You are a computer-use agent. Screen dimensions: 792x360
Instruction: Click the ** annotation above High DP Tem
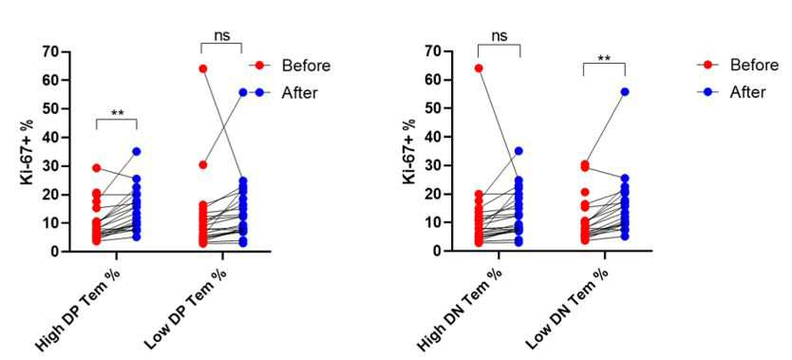click(x=116, y=112)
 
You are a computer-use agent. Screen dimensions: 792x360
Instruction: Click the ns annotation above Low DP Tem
click(x=221, y=36)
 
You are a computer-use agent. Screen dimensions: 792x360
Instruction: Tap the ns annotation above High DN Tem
click(x=498, y=36)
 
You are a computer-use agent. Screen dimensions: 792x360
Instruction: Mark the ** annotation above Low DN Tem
click(x=604, y=58)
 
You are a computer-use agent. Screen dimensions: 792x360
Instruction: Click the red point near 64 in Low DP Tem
click(x=202, y=68)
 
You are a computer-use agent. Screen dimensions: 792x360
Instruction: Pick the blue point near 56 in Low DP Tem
click(x=243, y=92)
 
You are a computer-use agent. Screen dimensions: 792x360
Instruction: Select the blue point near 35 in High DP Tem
click(x=137, y=151)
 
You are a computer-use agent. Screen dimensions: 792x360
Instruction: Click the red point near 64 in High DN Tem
click(x=479, y=68)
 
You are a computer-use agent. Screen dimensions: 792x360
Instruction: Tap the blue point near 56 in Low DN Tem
click(x=625, y=92)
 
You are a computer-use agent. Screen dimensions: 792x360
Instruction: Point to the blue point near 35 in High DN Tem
click(x=519, y=151)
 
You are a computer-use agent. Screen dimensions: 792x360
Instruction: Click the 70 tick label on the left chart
click(x=50, y=52)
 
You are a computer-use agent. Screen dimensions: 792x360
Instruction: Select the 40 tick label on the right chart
click(x=432, y=137)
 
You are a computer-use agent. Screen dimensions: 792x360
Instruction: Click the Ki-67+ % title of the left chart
click(x=28, y=151)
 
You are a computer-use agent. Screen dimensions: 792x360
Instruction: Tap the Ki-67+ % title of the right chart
click(x=410, y=151)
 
